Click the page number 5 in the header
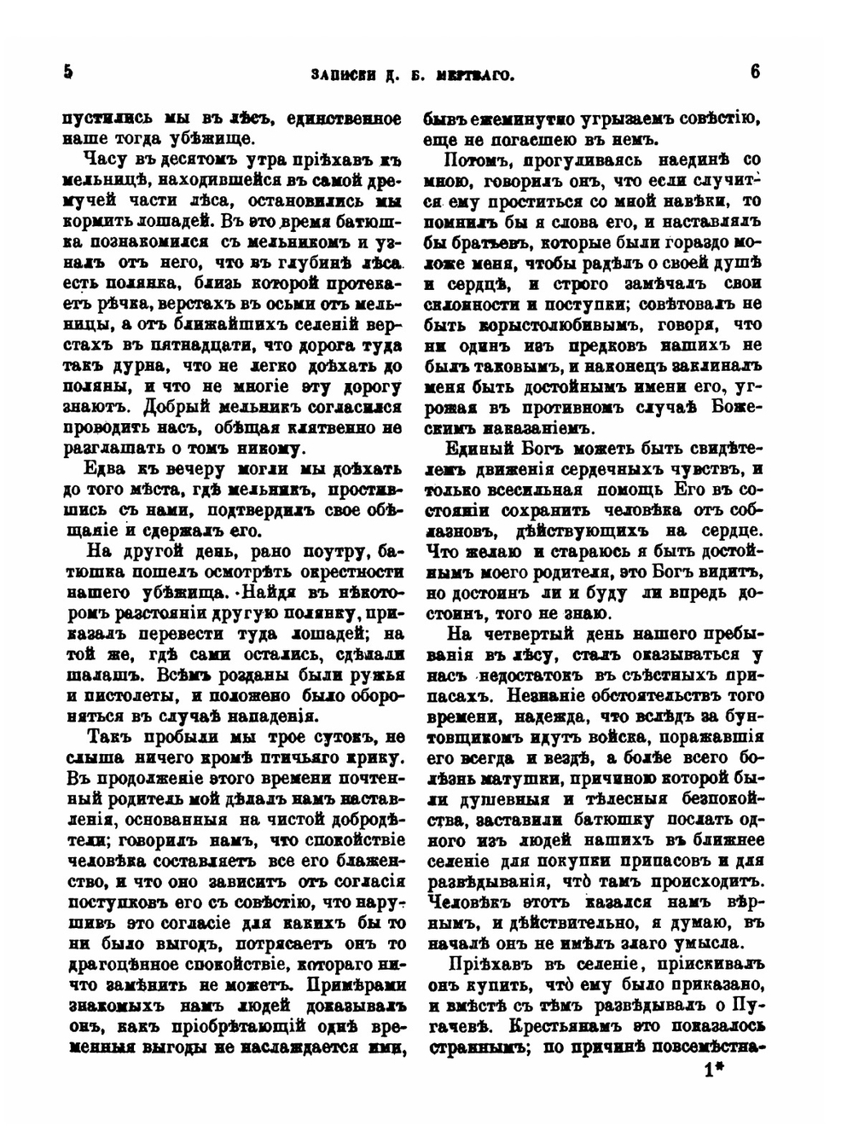pos(68,73)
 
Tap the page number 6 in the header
pos(755,73)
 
